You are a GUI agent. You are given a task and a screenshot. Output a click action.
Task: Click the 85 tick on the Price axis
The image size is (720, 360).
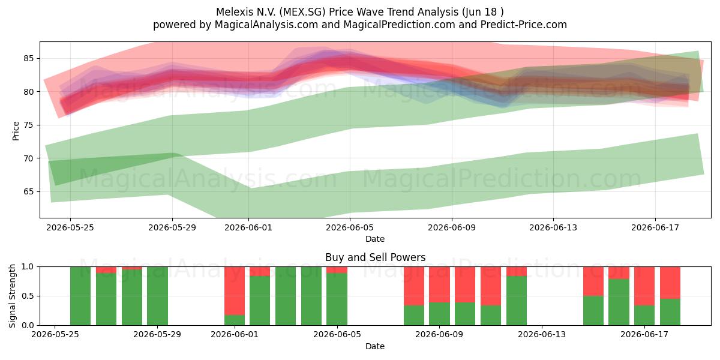pos(28,59)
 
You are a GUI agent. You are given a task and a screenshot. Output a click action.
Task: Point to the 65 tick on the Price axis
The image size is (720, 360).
pos(28,191)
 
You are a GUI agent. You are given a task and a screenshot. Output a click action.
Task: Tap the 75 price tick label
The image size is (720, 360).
pos(28,125)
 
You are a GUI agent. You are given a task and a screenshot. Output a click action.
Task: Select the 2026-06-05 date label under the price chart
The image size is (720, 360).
pos(350,227)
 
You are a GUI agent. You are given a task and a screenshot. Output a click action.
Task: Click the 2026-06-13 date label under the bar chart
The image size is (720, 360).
pos(542,334)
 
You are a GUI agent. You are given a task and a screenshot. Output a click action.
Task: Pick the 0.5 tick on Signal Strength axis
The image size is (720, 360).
pos(28,296)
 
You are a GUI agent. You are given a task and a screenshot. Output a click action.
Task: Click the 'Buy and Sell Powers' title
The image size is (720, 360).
pos(375,257)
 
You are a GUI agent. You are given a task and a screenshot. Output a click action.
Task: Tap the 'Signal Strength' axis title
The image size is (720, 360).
pos(12,296)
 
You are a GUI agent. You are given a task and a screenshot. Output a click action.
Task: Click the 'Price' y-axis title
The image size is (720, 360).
pos(16,131)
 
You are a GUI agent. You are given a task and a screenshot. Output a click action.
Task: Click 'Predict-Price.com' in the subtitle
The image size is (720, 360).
pos(524,25)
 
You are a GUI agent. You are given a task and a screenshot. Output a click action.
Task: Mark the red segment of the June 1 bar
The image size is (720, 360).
pos(235,290)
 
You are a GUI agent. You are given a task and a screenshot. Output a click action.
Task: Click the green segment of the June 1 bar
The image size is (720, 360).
pos(235,320)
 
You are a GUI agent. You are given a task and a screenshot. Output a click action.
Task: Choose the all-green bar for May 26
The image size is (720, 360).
pos(80,296)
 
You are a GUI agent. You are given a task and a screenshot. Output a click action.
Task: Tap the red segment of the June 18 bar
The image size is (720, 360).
pos(670,283)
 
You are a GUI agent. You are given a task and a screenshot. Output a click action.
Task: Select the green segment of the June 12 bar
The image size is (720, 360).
pos(517,301)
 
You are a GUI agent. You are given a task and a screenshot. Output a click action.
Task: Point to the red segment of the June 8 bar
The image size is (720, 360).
pos(414,286)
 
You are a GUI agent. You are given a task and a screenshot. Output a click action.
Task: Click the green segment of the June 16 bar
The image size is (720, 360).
pos(619,302)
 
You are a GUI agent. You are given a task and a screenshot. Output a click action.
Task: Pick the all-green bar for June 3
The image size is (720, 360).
pos(286,296)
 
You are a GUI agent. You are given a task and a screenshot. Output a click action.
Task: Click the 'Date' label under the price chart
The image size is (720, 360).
pos(375,239)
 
